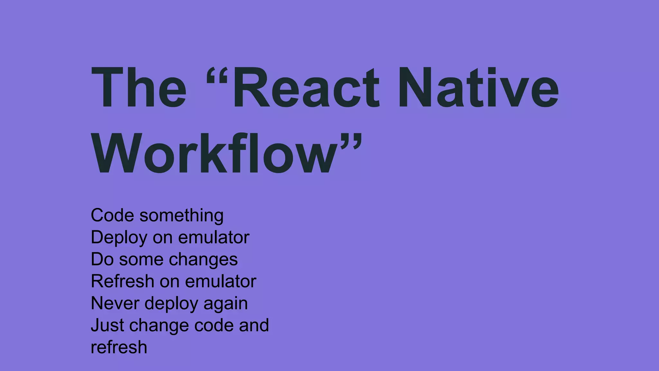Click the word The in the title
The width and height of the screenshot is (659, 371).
click(139, 87)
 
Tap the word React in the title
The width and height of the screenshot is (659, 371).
click(306, 87)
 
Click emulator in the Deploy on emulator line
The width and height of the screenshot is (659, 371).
click(214, 237)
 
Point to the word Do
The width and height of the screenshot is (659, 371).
click(102, 259)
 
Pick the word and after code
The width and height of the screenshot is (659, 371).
click(254, 325)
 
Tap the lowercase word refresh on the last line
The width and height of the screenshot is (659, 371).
click(119, 347)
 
